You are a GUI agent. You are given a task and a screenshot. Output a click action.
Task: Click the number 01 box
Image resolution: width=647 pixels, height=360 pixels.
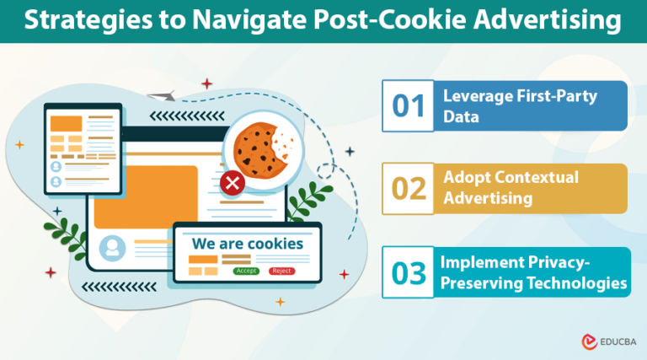(x=409, y=106)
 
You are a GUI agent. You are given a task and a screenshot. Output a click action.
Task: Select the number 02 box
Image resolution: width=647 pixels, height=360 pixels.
(x=409, y=188)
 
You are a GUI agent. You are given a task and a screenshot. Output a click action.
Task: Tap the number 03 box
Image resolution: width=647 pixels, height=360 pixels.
(x=409, y=272)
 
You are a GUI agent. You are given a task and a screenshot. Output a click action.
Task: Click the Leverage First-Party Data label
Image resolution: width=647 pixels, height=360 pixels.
(x=521, y=106)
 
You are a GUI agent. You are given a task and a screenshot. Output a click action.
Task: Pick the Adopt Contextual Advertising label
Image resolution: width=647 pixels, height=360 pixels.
(x=511, y=188)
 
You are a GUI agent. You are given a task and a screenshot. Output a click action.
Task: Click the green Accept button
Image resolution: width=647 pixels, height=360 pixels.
(x=246, y=271)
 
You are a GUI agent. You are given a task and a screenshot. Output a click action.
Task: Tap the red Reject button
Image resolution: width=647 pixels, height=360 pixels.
(x=280, y=271)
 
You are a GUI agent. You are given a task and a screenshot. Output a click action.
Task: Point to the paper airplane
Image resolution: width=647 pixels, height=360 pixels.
(x=158, y=97)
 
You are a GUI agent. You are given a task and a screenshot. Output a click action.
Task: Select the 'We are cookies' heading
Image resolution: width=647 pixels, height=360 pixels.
(x=247, y=244)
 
